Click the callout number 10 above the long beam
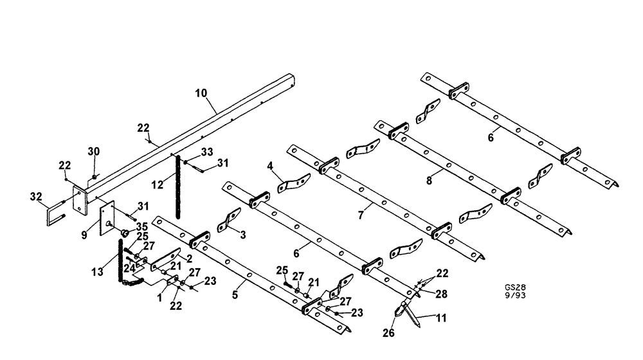[x=202, y=93]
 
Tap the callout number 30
[x=94, y=151]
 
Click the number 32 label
[x=36, y=197]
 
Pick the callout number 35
[x=141, y=226]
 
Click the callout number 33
[x=207, y=152]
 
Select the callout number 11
[x=442, y=317]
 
